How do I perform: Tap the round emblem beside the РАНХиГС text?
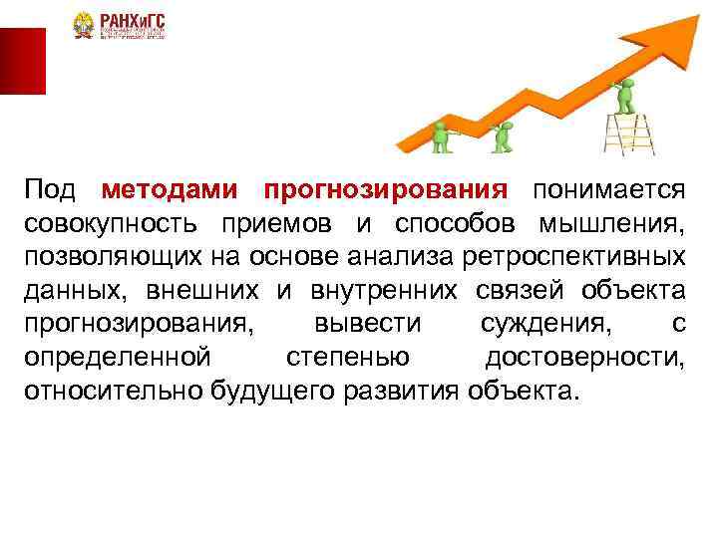pyautogui.click(x=83, y=26)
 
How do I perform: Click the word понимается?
pyautogui.click(x=608, y=189)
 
